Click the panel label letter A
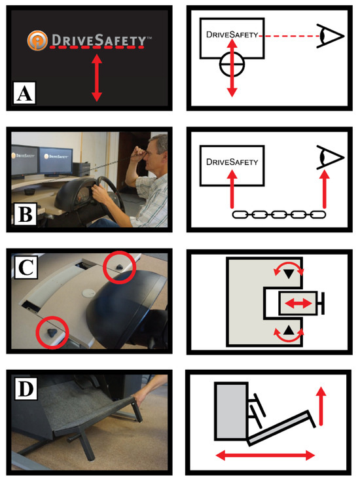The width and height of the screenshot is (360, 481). click(x=25, y=93)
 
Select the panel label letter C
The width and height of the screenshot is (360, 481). click(x=26, y=266)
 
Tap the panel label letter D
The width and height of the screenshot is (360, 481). click(x=26, y=389)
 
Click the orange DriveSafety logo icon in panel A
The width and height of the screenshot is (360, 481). click(x=37, y=40)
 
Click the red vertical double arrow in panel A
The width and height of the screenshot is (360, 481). click(x=97, y=78)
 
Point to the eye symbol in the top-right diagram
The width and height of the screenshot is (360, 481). click(x=331, y=36)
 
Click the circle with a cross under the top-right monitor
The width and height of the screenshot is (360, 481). click(x=232, y=65)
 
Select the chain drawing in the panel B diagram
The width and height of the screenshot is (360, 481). click(x=279, y=215)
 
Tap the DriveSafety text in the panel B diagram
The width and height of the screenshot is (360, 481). click(x=232, y=162)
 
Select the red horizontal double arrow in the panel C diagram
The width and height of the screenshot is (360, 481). click(x=298, y=304)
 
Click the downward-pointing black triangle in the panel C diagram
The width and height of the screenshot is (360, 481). click(x=289, y=274)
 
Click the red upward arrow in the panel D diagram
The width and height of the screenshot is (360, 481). click(x=321, y=406)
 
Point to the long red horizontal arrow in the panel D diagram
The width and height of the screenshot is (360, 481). click(x=265, y=455)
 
